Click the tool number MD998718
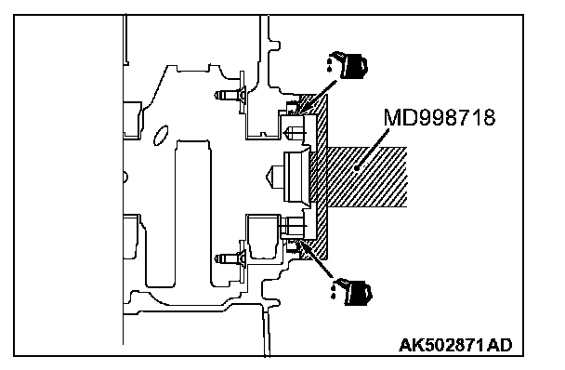440,117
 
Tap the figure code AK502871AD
455,345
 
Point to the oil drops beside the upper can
330,64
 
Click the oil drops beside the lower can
334,291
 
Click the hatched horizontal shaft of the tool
367,177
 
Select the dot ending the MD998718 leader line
357,167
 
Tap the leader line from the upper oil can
317,96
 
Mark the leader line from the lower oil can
317,260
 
